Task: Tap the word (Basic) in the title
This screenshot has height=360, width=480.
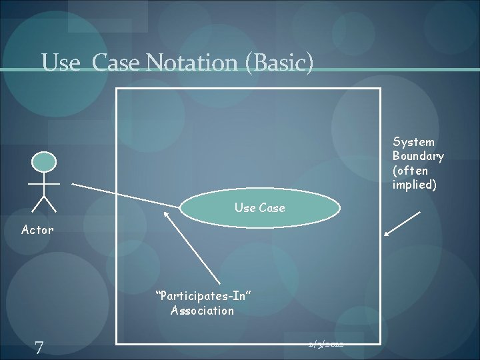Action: click(x=280, y=63)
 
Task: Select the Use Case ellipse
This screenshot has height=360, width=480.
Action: click(x=260, y=208)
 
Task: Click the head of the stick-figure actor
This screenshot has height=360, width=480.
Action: click(x=45, y=161)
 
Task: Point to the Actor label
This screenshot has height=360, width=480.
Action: click(x=37, y=230)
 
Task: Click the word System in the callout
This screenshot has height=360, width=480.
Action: click(x=413, y=141)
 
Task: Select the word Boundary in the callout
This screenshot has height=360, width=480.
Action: click(x=418, y=156)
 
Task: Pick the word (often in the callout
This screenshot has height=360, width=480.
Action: click(x=411, y=171)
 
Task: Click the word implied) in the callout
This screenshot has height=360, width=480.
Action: click(x=415, y=185)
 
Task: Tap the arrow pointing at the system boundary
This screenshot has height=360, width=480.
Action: click(x=403, y=224)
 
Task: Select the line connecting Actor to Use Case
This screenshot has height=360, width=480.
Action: click(x=127, y=194)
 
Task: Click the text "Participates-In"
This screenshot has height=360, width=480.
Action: click(x=203, y=295)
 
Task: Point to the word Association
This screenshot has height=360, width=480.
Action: click(x=202, y=310)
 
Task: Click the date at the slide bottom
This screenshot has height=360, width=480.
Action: click(x=326, y=344)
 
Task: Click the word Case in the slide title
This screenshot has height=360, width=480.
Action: click(x=116, y=63)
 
